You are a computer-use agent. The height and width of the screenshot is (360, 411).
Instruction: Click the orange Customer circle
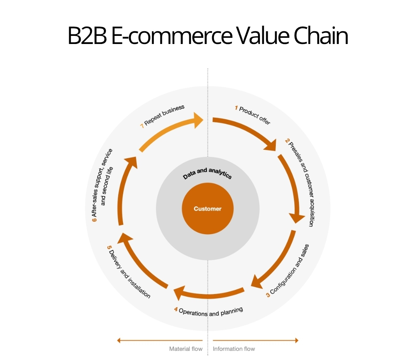pyautogui.click(x=207, y=209)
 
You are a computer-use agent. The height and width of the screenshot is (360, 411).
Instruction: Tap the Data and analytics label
pyautogui.click(x=207, y=174)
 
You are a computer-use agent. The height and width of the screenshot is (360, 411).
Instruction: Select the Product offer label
pyautogui.click(x=255, y=115)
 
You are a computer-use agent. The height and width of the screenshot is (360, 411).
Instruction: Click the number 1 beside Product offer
pyautogui.click(x=236, y=108)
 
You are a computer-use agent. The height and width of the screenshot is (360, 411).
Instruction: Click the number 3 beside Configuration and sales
pyautogui.click(x=267, y=295)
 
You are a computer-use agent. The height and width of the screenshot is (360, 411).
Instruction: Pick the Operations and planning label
pyautogui.click(x=211, y=311)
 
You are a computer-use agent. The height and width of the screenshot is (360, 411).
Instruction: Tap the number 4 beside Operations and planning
pyautogui.click(x=176, y=309)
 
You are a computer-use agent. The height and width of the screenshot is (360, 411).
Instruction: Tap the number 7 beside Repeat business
pyautogui.click(x=142, y=126)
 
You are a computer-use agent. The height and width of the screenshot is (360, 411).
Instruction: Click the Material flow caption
pyautogui.click(x=186, y=349)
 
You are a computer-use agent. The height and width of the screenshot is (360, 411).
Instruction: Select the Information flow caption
pyautogui.click(x=234, y=349)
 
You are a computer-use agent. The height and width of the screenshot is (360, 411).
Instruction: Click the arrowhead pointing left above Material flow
pyautogui.click(x=119, y=340)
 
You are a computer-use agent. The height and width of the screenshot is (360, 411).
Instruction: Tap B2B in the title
pyautogui.click(x=87, y=37)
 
